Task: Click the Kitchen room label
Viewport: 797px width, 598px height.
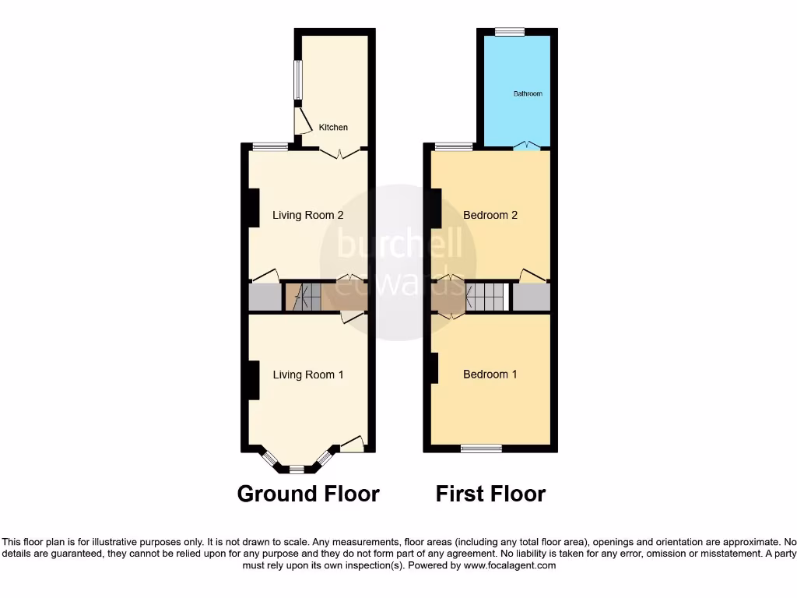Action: coord(333,127)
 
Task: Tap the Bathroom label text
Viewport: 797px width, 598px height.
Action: coord(528,93)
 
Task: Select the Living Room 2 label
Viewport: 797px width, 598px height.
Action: coord(308,215)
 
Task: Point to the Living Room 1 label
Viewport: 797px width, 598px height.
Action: coord(308,375)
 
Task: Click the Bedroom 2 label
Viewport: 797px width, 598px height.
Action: coord(490,215)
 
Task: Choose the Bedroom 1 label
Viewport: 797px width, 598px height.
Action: coord(490,375)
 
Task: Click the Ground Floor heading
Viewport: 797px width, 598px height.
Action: coord(308,494)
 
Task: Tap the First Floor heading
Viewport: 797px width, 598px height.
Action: coord(490,494)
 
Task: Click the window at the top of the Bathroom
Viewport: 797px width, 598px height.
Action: coord(509,32)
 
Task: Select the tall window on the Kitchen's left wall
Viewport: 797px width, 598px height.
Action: coord(297,80)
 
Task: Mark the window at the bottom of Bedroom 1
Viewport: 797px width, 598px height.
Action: coord(481,448)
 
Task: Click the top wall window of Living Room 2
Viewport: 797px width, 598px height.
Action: coord(271,146)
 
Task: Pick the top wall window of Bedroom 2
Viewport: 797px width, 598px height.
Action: coord(453,146)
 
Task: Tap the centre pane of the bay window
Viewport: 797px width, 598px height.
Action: coord(297,470)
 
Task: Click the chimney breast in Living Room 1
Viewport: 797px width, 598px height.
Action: coord(252,381)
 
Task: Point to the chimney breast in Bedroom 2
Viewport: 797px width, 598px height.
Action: coord(436,208)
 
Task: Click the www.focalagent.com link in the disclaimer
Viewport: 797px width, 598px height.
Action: coord(509,565)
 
